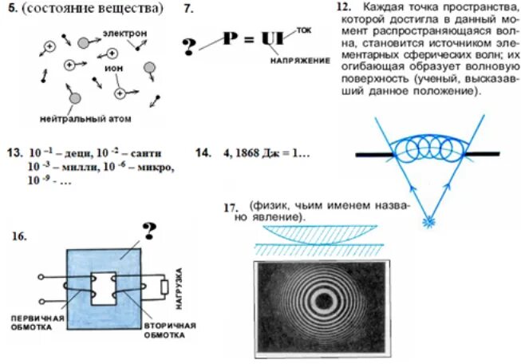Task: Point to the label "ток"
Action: click(303, 30)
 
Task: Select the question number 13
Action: click(13, 152)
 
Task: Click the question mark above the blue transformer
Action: click(148, 231)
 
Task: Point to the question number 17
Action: click(231, 208)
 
